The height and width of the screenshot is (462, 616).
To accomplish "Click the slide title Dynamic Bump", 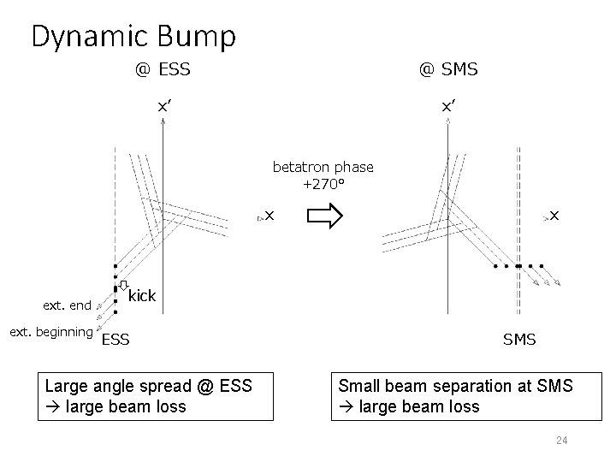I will tap(133, 36).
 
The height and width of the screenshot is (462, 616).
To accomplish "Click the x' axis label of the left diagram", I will tap(163, 106).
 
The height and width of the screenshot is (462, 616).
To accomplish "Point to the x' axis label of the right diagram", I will tap(448, 106).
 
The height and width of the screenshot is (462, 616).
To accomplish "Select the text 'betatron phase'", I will tap(323, 167).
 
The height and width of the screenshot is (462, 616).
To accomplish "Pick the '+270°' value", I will tap(323, 183).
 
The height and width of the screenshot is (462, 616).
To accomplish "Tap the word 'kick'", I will tap(142, 296).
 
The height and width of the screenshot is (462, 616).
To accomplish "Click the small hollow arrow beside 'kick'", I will tap(123, 286).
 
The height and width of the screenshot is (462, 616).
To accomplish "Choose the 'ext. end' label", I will tap(68, 305).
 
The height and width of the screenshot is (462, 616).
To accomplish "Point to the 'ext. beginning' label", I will tap(50, 331).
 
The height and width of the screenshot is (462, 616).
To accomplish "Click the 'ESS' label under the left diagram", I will tap(115, 340).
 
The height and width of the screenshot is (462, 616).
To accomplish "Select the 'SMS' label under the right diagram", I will tap(519, 340).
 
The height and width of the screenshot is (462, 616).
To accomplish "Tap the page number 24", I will tap(562, 441).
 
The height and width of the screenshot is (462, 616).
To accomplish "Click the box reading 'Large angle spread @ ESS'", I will tap(157, 395).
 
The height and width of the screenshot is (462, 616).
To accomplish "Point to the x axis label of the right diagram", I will tap(554, 216).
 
